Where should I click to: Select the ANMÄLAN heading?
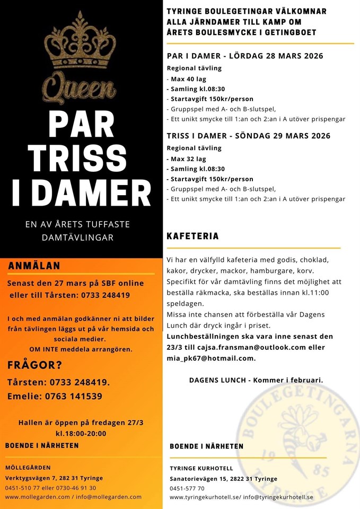34,266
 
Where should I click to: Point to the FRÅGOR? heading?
34,365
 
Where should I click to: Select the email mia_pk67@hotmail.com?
210,358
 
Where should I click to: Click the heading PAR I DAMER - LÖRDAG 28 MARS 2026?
244,56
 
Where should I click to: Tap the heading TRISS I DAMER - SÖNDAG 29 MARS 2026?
248,136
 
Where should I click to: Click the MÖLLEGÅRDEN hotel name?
28,468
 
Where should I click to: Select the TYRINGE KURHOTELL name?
201,469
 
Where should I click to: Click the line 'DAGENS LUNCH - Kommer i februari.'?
256,380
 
